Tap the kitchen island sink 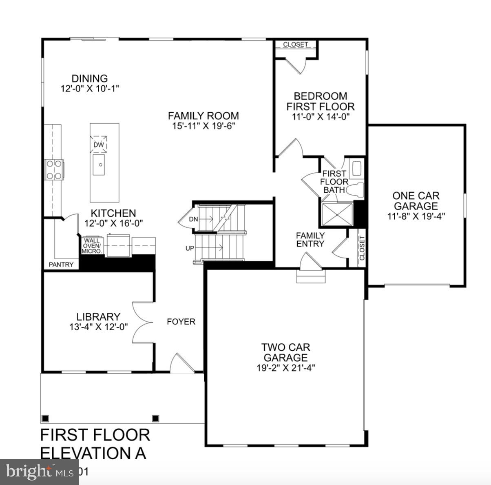[x=98, y=165]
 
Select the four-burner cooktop [x=54, y=169]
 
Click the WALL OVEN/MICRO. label [x=91, y=246]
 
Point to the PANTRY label [x=61, y=265]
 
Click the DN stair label [x=193, y=219]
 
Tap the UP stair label [x=190, y=248]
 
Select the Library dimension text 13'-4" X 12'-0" [x=99, y=327]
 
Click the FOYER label [x=181, y=322]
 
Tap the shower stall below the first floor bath [x=337, y=214]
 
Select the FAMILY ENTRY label [x=310, y=240]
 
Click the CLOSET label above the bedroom [x=295, y=44]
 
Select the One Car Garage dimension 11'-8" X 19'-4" [x=416, y=216]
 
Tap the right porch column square [x=155, y=418]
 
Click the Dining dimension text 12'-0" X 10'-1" [x=90, y=88]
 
